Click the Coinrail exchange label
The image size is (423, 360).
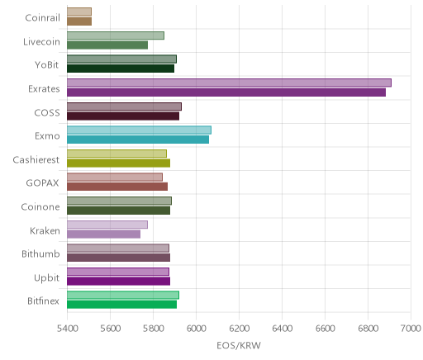42,18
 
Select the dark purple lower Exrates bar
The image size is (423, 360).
226,92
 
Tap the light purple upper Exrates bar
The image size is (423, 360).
229,83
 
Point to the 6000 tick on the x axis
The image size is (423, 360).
196,328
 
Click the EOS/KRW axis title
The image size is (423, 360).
239,345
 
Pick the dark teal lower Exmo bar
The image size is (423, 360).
138,140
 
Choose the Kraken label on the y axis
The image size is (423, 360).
45,230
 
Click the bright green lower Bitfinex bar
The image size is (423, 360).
121,305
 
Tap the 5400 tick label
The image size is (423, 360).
68,328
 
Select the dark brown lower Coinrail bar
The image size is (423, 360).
79,21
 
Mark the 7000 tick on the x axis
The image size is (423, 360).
411,328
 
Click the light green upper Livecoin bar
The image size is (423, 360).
116,36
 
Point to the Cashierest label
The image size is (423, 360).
36,159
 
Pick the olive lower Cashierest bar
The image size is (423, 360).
118,163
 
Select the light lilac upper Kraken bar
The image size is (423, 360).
107,225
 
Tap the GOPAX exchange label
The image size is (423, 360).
42,183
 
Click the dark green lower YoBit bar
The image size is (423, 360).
121,69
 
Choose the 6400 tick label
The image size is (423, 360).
283,328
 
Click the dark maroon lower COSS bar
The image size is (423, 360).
123,116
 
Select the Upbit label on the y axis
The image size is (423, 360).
46,278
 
